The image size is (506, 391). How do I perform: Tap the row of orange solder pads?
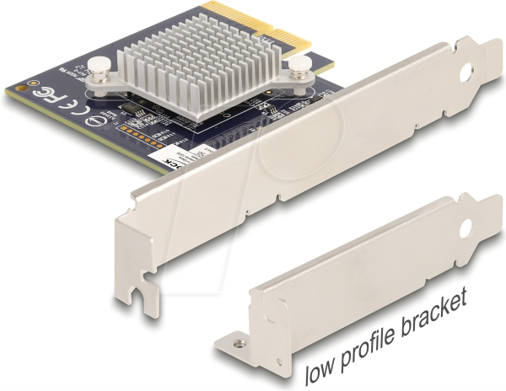(140, 135)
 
